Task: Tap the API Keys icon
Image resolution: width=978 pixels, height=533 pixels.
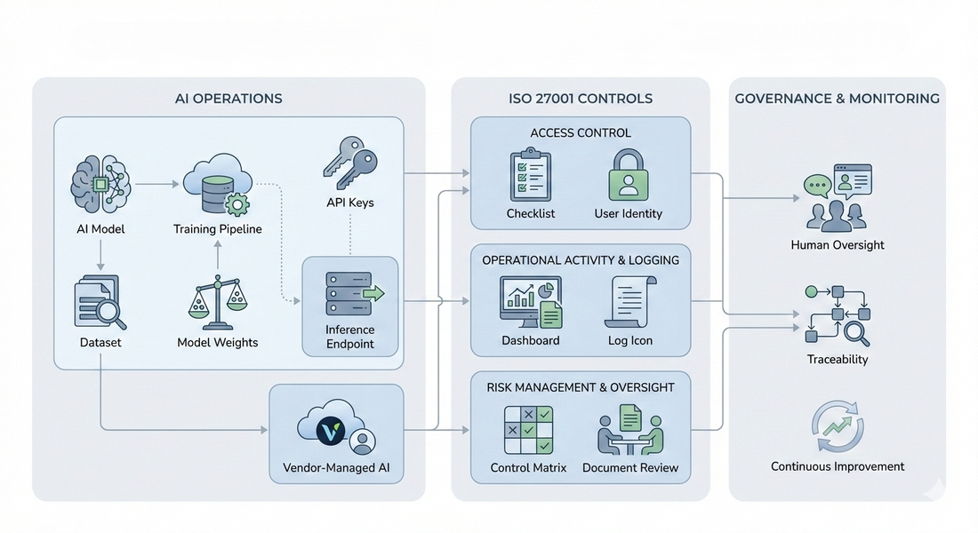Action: click(x=349, y=163)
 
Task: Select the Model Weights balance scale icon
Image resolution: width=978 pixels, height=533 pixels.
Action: click(x=218, y=302)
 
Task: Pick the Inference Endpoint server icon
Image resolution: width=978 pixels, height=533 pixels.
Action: click(x=349, y=292)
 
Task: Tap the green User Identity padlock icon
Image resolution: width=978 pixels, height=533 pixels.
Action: click(x=629, y=175)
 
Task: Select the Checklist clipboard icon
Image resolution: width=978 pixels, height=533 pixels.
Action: click(x=531, y=176)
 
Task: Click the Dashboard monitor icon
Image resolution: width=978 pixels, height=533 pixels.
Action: click(x=530, y=303)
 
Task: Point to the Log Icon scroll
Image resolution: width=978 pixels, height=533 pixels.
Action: click(x=629, y=302)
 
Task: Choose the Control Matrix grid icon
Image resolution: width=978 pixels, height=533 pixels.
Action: click(x=528, y=431)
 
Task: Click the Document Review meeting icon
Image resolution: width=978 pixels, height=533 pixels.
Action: click(x=629, y=430)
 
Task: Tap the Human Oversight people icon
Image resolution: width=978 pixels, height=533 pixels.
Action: click(x=837, y=199)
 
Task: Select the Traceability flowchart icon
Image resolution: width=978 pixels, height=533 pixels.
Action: click(x=837, y=315)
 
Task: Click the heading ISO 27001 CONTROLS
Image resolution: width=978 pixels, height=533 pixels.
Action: click(x=581, y=99)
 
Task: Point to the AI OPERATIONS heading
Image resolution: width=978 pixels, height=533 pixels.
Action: click(x=228, y=99)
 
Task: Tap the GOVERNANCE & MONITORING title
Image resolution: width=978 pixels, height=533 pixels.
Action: click(x=837, y=99)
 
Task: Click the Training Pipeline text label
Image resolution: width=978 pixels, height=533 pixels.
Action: click(x=218, y=229)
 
